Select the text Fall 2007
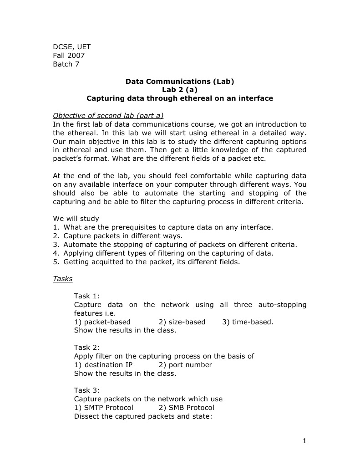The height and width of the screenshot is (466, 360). [x=69, y=56]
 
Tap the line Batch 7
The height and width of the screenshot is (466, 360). [x=66, y=64]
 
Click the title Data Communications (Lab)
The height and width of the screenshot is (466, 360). [x=180, y=82]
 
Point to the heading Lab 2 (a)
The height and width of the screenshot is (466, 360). [x=180, y=90]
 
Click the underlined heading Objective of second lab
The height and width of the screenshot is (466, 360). [x=108, y=115]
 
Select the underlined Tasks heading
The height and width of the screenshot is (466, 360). [x=63, y=279]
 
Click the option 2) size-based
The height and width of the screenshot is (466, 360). [x=182, y=322]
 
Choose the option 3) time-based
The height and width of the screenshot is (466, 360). [x=248, y=322]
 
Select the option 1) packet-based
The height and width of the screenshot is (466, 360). [x=102, y=322]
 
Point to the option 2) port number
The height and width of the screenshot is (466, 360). [x=186, y=365]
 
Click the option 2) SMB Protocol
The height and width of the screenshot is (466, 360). [x=187, y=408]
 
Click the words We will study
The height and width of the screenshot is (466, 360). [x=76, y=218]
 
